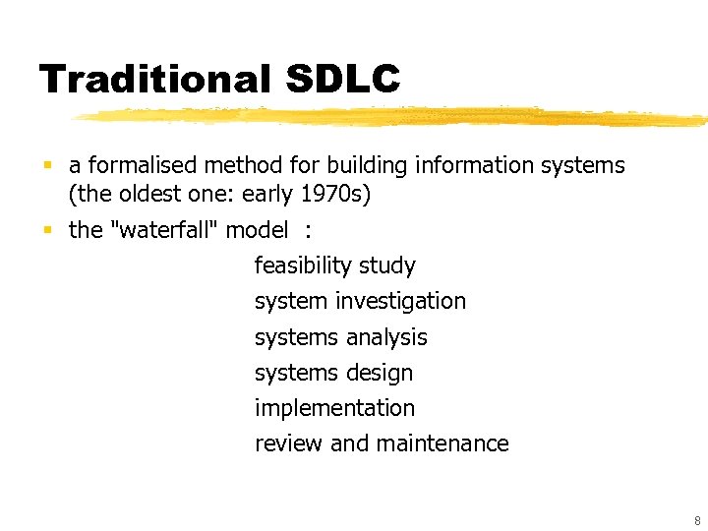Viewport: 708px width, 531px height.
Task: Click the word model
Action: coord(257,230)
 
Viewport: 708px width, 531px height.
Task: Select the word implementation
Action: coord(334,408)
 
